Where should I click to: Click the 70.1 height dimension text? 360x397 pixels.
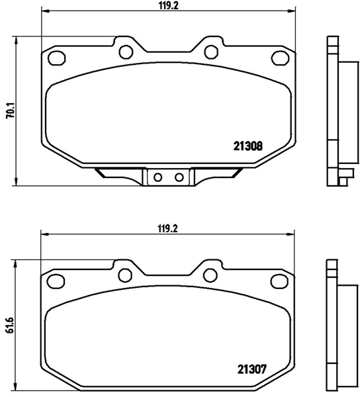pos(9,109)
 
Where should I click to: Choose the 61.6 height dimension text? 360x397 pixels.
pos(9,327)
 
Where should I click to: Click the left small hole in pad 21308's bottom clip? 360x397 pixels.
pos(157,177)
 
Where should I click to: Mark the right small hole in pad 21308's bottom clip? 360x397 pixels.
pos(177,177)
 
